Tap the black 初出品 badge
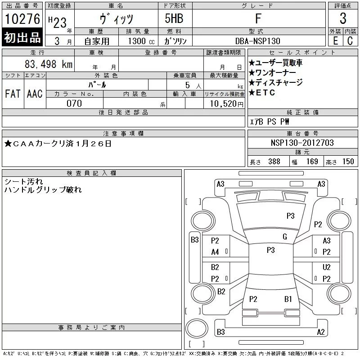point(22,38)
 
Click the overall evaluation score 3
point(343,19)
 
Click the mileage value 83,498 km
point(49,64)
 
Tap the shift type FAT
point(13,94)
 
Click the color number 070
point(74,103)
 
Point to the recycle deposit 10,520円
point(224,104)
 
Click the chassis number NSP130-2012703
point(302,143)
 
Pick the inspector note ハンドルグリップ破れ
point(43,190)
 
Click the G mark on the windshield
point(284,237)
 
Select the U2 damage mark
point(326,267)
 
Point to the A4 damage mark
point(215,252)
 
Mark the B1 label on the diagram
point(288,299)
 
